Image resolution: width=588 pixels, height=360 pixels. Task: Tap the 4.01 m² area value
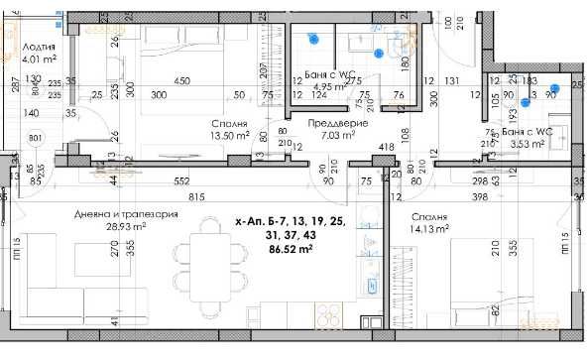[39, 59]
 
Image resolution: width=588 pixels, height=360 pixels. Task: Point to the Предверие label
[325, 123]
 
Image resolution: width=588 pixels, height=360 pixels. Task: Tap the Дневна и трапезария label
[126, 214]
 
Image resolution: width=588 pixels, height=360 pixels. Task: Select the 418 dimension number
[388, 147]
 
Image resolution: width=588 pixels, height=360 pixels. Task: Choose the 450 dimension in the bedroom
[181, 80]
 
